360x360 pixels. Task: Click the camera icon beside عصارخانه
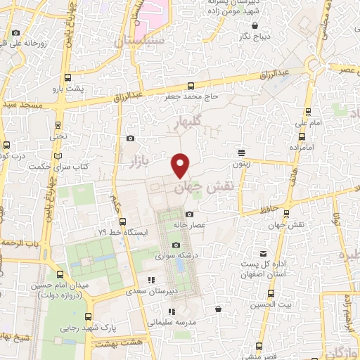click(188, 214)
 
